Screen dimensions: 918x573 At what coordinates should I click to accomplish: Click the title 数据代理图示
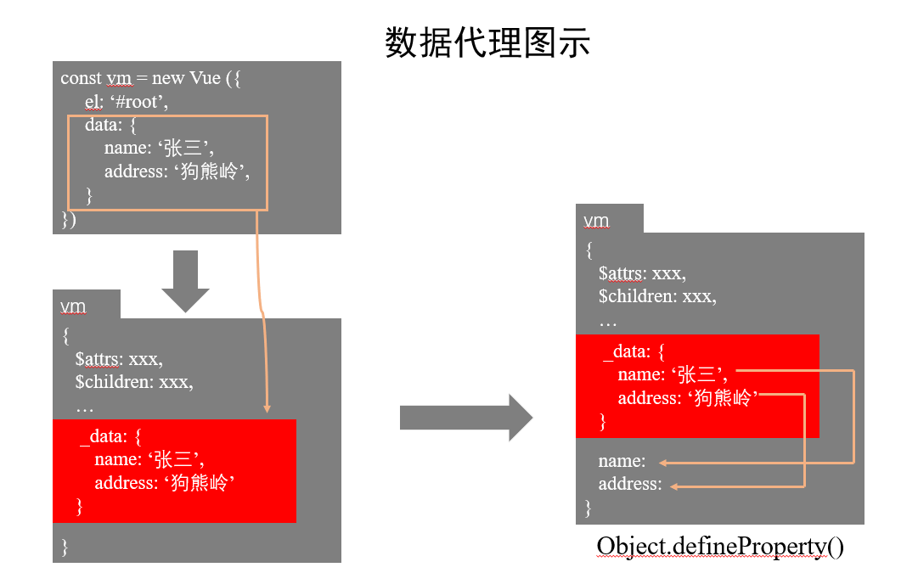(487, 42)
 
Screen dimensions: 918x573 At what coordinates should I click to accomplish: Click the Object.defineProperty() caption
(720, 546)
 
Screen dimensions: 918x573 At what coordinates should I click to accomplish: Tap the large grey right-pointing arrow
(465, 418)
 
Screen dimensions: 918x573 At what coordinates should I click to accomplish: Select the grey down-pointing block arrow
(185, 281)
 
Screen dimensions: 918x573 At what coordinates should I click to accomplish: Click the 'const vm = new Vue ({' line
(153, 78)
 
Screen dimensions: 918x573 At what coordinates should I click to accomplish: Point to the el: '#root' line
(127, 102)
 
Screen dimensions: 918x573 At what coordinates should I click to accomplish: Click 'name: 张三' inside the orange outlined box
(158, 149)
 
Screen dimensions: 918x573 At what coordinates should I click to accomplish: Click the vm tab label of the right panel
(596, 221)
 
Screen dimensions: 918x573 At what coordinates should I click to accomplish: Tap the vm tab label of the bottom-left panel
(73, 306)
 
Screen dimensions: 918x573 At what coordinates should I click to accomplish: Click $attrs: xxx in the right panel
(642, 273)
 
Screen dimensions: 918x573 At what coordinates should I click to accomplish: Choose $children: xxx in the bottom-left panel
(133, 382)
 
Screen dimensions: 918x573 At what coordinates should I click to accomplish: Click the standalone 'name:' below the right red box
(622, 461)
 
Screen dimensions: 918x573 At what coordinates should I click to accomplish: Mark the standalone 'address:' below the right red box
(629, 484)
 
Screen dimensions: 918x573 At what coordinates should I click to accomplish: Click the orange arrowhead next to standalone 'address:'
(675, 486)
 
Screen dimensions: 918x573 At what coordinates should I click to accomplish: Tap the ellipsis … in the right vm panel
(607, 323)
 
